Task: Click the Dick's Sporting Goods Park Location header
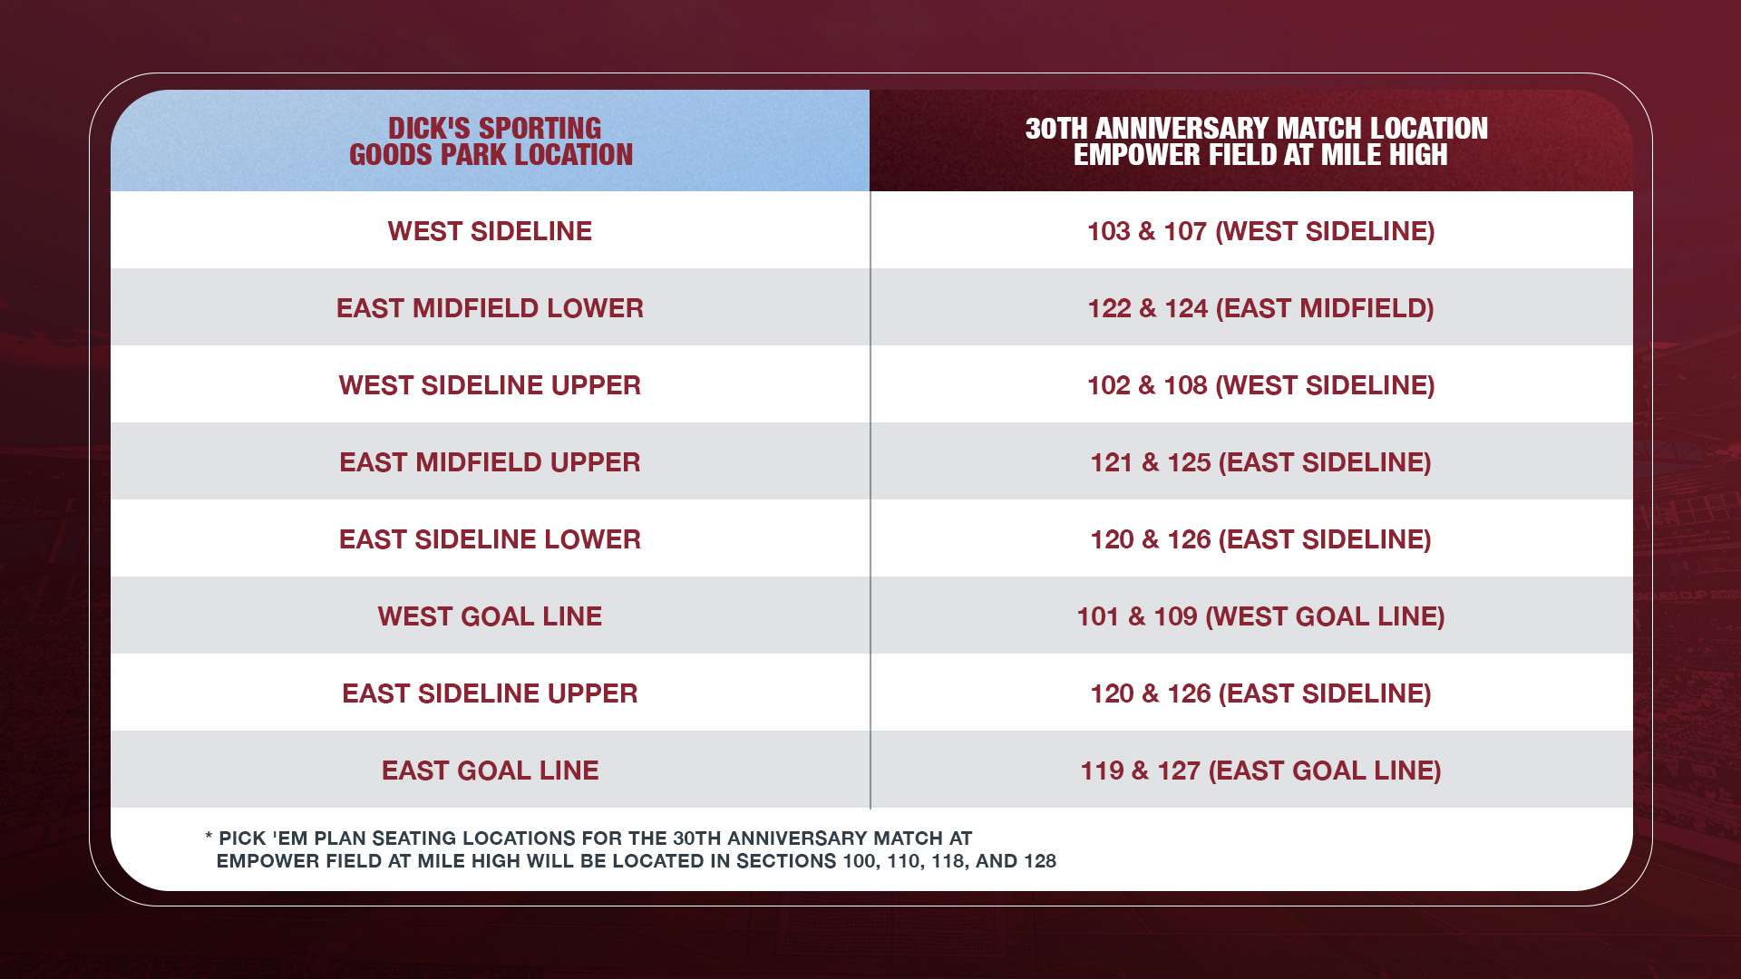491,141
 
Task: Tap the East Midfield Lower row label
490,308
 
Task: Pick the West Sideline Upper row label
490,385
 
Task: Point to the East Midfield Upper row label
490,462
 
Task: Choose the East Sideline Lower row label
490,539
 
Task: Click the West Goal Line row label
490,616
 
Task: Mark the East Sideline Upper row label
490,693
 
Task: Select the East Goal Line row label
490,771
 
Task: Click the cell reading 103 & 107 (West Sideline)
1260,231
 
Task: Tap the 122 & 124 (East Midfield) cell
1260,308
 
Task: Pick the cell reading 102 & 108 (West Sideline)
1260,385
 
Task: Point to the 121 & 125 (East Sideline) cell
1260,462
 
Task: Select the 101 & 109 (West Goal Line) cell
1260,616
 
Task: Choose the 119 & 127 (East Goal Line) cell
1260,771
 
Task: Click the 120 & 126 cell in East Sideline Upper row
1260,693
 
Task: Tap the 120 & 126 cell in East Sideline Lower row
1260,539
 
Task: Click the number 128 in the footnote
1040,861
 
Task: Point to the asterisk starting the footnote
209,838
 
